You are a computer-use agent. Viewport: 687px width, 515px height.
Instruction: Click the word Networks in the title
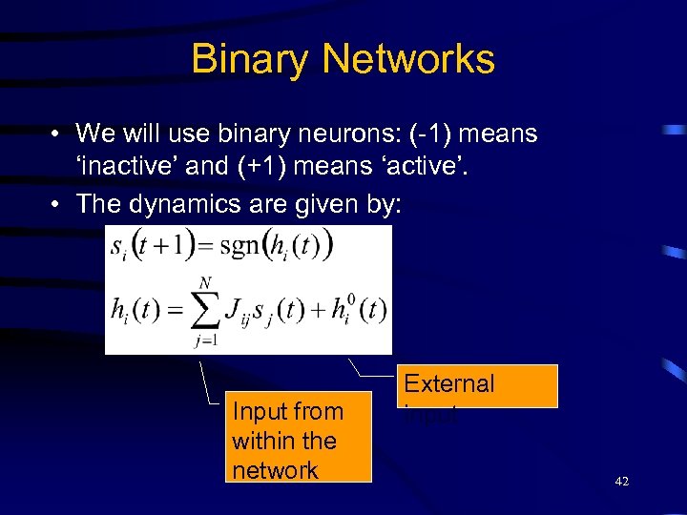(409, 59)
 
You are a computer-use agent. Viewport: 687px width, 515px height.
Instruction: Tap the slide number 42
(622, 483)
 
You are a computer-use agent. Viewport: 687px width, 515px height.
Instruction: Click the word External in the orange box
(448, 383)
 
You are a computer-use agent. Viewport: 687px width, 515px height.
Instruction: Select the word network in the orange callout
(275, 469)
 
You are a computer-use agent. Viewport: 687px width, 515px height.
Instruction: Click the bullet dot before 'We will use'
(58, 134)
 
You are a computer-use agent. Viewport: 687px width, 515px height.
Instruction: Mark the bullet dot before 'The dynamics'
(58, 203)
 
